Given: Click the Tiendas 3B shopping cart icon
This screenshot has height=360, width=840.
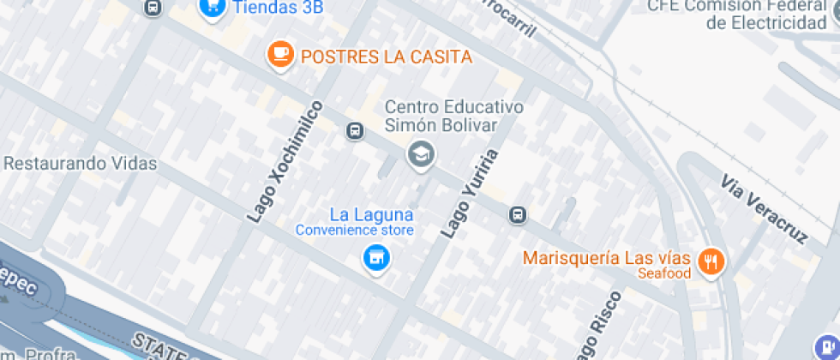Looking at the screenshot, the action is [x=212, y=7].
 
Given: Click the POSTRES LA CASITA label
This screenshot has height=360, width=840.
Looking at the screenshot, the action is [x=387, y=57].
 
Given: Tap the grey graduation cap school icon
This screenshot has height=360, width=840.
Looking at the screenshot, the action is [x=421, y=155].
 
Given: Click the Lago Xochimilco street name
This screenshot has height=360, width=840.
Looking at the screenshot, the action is [x=286, y=162].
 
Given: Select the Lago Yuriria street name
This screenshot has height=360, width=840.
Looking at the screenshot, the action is [x=469, y=193].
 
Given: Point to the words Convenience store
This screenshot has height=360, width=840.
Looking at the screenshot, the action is [x=355, y=230].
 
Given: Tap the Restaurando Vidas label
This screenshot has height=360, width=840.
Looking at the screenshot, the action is [x=81, y=163].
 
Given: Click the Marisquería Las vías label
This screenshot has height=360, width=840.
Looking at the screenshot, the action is [x=606, y=258].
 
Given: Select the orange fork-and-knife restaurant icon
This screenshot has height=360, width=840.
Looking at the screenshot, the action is [x=710, y=261].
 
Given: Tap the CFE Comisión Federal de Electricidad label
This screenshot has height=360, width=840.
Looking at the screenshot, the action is [x=742, y=15].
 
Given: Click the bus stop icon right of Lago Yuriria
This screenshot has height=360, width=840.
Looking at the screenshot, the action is [x=517, y=214].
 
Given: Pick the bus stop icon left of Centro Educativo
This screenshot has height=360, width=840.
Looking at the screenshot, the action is [x=353, y=131].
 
